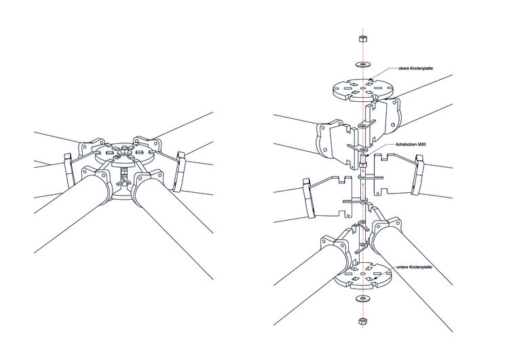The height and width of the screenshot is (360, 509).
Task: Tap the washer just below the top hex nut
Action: [x=363, y=63]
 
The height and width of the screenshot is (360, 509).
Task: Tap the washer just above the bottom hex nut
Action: [x=363, y=298]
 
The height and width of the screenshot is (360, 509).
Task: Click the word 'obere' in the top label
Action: [x=405, y=68]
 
